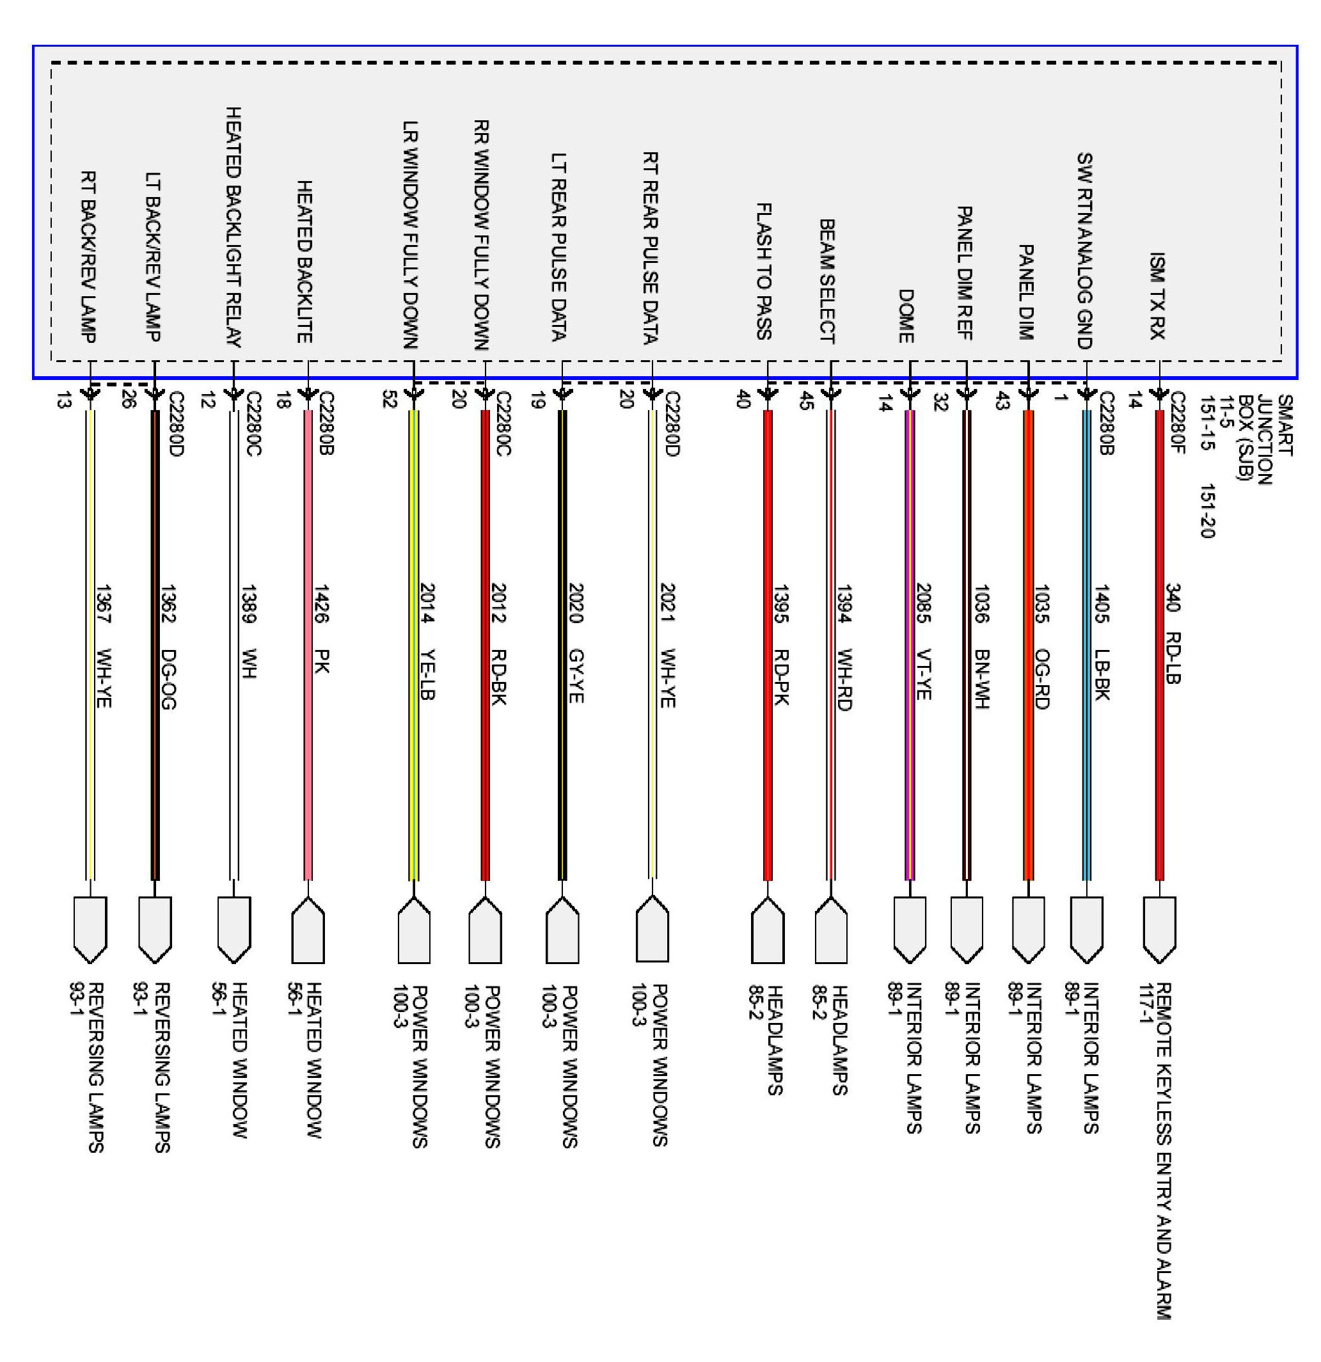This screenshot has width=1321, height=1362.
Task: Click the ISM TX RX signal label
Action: [1157, 296]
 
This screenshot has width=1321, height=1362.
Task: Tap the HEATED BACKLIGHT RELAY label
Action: [233, 226]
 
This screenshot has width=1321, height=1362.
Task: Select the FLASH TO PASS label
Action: [764, 271]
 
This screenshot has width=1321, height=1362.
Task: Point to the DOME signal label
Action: [905, 316]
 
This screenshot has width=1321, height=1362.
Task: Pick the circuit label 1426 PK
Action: [321, 629]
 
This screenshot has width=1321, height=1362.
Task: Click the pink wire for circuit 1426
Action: [308, 764]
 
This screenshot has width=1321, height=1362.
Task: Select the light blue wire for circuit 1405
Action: [1087, 764]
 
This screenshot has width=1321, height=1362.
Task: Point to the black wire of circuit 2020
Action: [563, 764]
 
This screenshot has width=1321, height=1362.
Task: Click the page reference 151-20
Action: [1207, 511]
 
